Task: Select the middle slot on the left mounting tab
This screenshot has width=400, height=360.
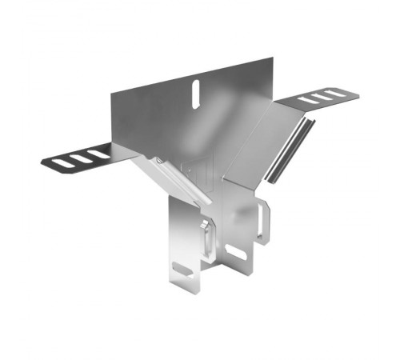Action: coord(80,158)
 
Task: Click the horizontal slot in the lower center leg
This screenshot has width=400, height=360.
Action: coord(237,254)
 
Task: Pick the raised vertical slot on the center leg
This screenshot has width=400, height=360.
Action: coord(206,240)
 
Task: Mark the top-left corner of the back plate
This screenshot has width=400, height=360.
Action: coord(111,94)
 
